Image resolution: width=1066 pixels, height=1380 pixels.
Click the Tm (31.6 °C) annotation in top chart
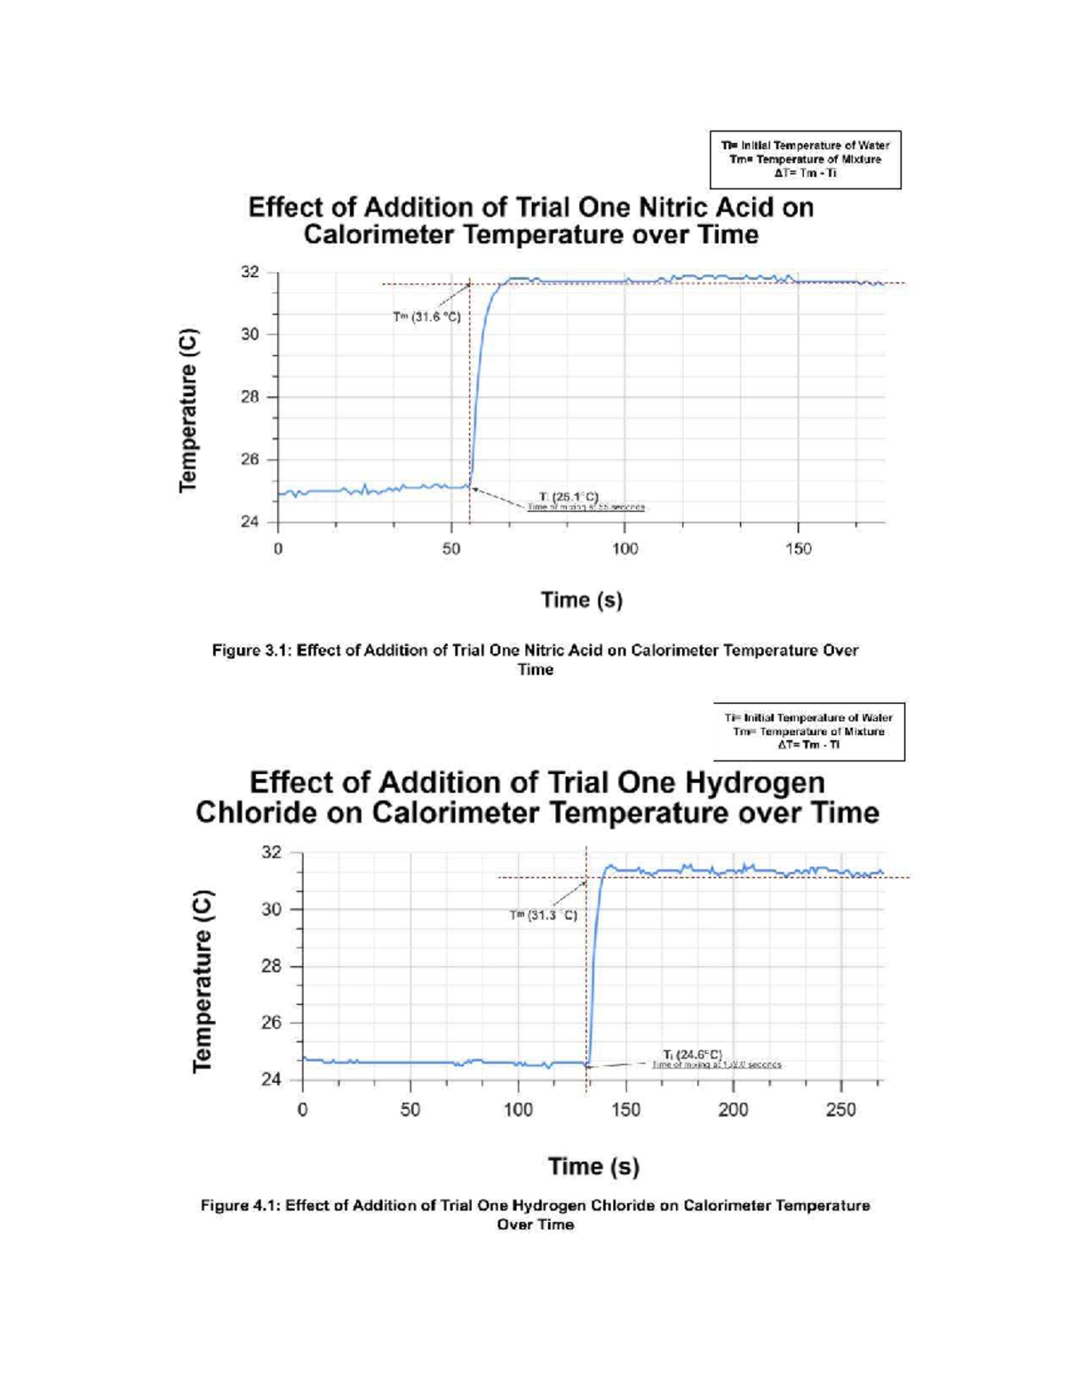coord(426,316)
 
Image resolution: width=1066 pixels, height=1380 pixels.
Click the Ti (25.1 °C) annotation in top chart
coord(569,496)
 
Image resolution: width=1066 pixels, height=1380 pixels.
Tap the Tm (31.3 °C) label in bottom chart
coord(544,914)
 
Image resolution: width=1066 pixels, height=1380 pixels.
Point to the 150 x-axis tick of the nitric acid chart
coord(798,549)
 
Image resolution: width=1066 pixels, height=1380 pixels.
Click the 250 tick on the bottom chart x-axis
coord(840,1110)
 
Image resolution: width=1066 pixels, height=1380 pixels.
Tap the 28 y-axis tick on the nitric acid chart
coord(250,397)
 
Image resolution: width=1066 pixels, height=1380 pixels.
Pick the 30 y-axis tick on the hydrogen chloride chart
coord(271,909)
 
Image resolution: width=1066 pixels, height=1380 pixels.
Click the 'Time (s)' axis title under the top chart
coord(582,600)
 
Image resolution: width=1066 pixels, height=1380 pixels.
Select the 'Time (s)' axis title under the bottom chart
coord(593,1166)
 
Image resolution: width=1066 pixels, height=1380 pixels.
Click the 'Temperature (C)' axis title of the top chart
coord(187,410)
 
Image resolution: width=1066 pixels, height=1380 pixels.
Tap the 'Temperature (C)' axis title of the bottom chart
coord(203,979)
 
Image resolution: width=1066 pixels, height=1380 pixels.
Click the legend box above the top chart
coord(805,159)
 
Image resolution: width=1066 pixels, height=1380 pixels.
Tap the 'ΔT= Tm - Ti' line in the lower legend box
coord(808,745)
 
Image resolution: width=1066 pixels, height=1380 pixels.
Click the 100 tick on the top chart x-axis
coord(624,549)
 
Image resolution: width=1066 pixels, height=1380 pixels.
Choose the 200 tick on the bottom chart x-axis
coord(733,1110)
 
